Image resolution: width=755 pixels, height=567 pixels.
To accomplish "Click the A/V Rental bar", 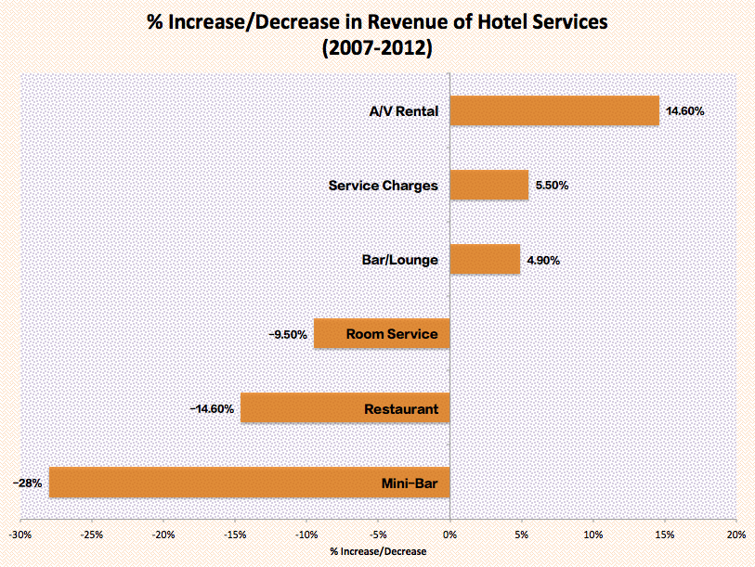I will pyautogui.click(x=554, y=110).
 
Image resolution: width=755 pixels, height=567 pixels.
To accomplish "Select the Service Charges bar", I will pyautogui.click(x=489, y=185).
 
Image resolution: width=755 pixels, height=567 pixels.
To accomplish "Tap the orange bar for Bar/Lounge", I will pyautogui.click(x=485, y=260).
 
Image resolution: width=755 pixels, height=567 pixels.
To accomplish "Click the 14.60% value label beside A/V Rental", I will pyautogui.click(x=685, y=111).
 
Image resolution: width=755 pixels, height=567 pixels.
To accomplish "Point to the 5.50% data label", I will pyautogui.click(x=552, y=186).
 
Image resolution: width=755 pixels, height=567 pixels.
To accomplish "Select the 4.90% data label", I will pyautogui.click(x=543, y=261).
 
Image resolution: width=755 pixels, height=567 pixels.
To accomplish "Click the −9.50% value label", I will pyautogui.click(x=288, y=334).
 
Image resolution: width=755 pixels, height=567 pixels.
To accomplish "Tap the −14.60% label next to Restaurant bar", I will pyautogui.click(x=212, y=408).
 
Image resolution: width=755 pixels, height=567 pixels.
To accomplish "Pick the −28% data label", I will pyautogui.click(x=27, y=483).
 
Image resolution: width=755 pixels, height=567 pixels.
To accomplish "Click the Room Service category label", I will pyautogui.click(x=391, y=334).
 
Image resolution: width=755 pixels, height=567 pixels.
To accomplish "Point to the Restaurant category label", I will pyautogui.click(x=401, y=408).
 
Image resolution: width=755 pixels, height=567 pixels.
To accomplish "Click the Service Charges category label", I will pyautogui.click(x=383, y=186).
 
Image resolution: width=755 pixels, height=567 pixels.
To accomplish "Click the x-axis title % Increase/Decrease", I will pyautogui.click(x=378, y=551).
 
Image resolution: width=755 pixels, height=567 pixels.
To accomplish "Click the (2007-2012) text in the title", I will pyautogui.click(x=377, y=48).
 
